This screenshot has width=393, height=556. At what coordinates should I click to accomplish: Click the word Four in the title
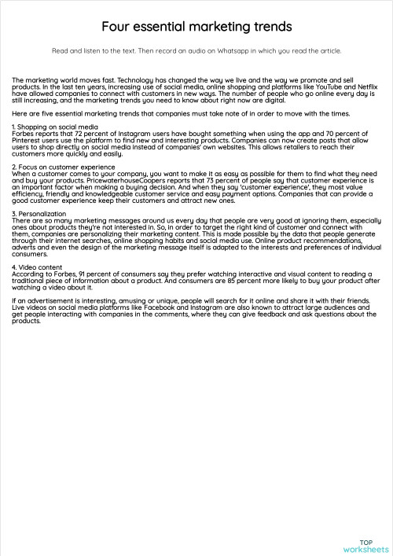click(x=115, y=27)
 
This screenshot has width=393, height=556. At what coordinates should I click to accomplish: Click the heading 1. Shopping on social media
click(x=55, y=126)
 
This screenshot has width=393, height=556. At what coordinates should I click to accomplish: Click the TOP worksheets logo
click(x=365, y=546)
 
